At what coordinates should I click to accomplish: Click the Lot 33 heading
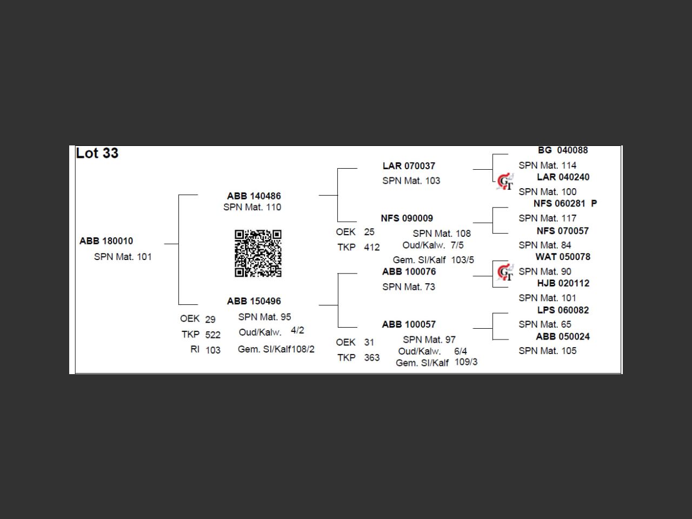[97, 154]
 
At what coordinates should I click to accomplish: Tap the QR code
[258, 253]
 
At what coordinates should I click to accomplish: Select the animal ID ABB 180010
[107, 241]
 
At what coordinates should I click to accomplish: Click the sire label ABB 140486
[254, 196]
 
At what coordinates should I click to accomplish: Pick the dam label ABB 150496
[254, 301]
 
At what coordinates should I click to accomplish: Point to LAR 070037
[409, 166]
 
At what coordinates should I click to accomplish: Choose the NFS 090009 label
[407, 218]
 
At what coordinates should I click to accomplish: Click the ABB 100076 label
[409, 271]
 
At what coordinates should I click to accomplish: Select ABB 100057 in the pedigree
[409, 324]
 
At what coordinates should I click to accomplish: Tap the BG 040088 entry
[563, 150]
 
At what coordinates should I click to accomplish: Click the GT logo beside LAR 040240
[505, 182]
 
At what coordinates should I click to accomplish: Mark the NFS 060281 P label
[565, 204]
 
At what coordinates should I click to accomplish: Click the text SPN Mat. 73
[409, 287]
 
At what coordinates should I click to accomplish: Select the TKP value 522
[213, 335]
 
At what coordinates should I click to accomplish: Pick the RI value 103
[213, 350]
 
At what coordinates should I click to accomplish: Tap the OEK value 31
[369, 342]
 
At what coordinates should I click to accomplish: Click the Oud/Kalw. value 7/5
[457, 245]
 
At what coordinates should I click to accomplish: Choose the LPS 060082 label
[563, 310]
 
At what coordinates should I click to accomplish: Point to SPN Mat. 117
[548, 218]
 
